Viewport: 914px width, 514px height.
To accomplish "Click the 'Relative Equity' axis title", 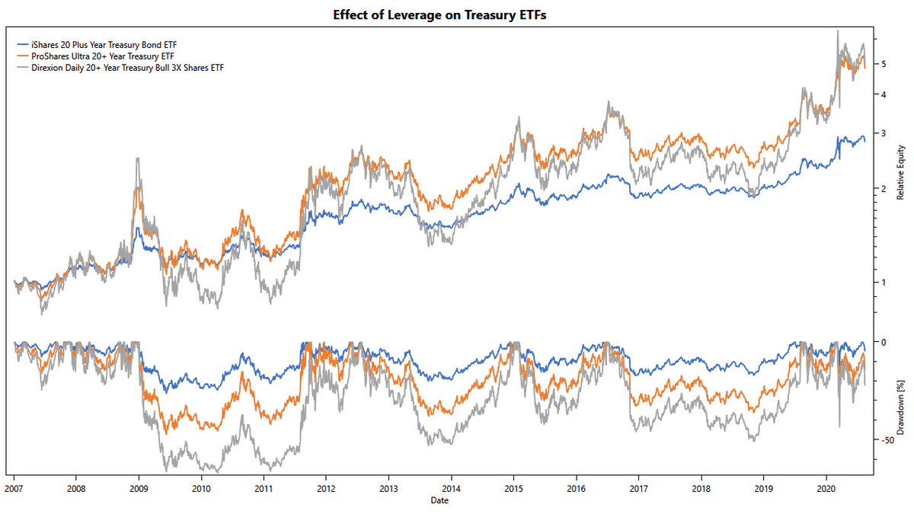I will (900, 171).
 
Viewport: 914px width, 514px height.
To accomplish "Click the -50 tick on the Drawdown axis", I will (887, 440).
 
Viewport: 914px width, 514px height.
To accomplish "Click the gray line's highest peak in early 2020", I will (838, 31).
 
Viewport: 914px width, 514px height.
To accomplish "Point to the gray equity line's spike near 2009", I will (137, 158).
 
